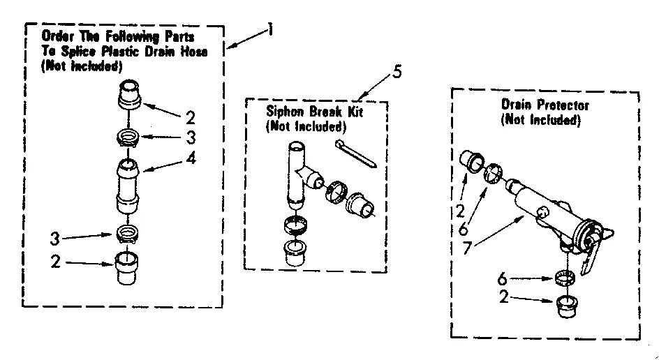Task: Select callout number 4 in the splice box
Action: (x=191, y=158)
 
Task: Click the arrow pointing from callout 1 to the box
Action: (x=246, y=40)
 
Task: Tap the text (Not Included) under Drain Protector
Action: (x=541, y=120)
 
